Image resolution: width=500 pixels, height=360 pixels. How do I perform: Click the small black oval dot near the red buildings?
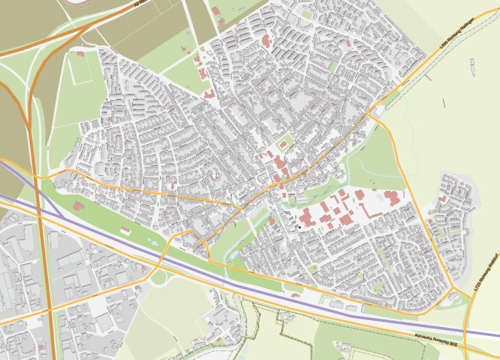(299, 227)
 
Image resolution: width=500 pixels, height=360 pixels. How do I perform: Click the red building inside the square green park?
(283, 145)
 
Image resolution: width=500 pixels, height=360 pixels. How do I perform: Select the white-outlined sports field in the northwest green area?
(80, 69)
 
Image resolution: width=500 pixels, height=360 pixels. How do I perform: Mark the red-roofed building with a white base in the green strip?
(125, 230)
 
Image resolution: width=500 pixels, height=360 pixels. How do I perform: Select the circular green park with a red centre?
(230, 263)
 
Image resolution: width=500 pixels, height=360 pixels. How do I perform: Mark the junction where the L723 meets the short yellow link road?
(471, 298)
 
